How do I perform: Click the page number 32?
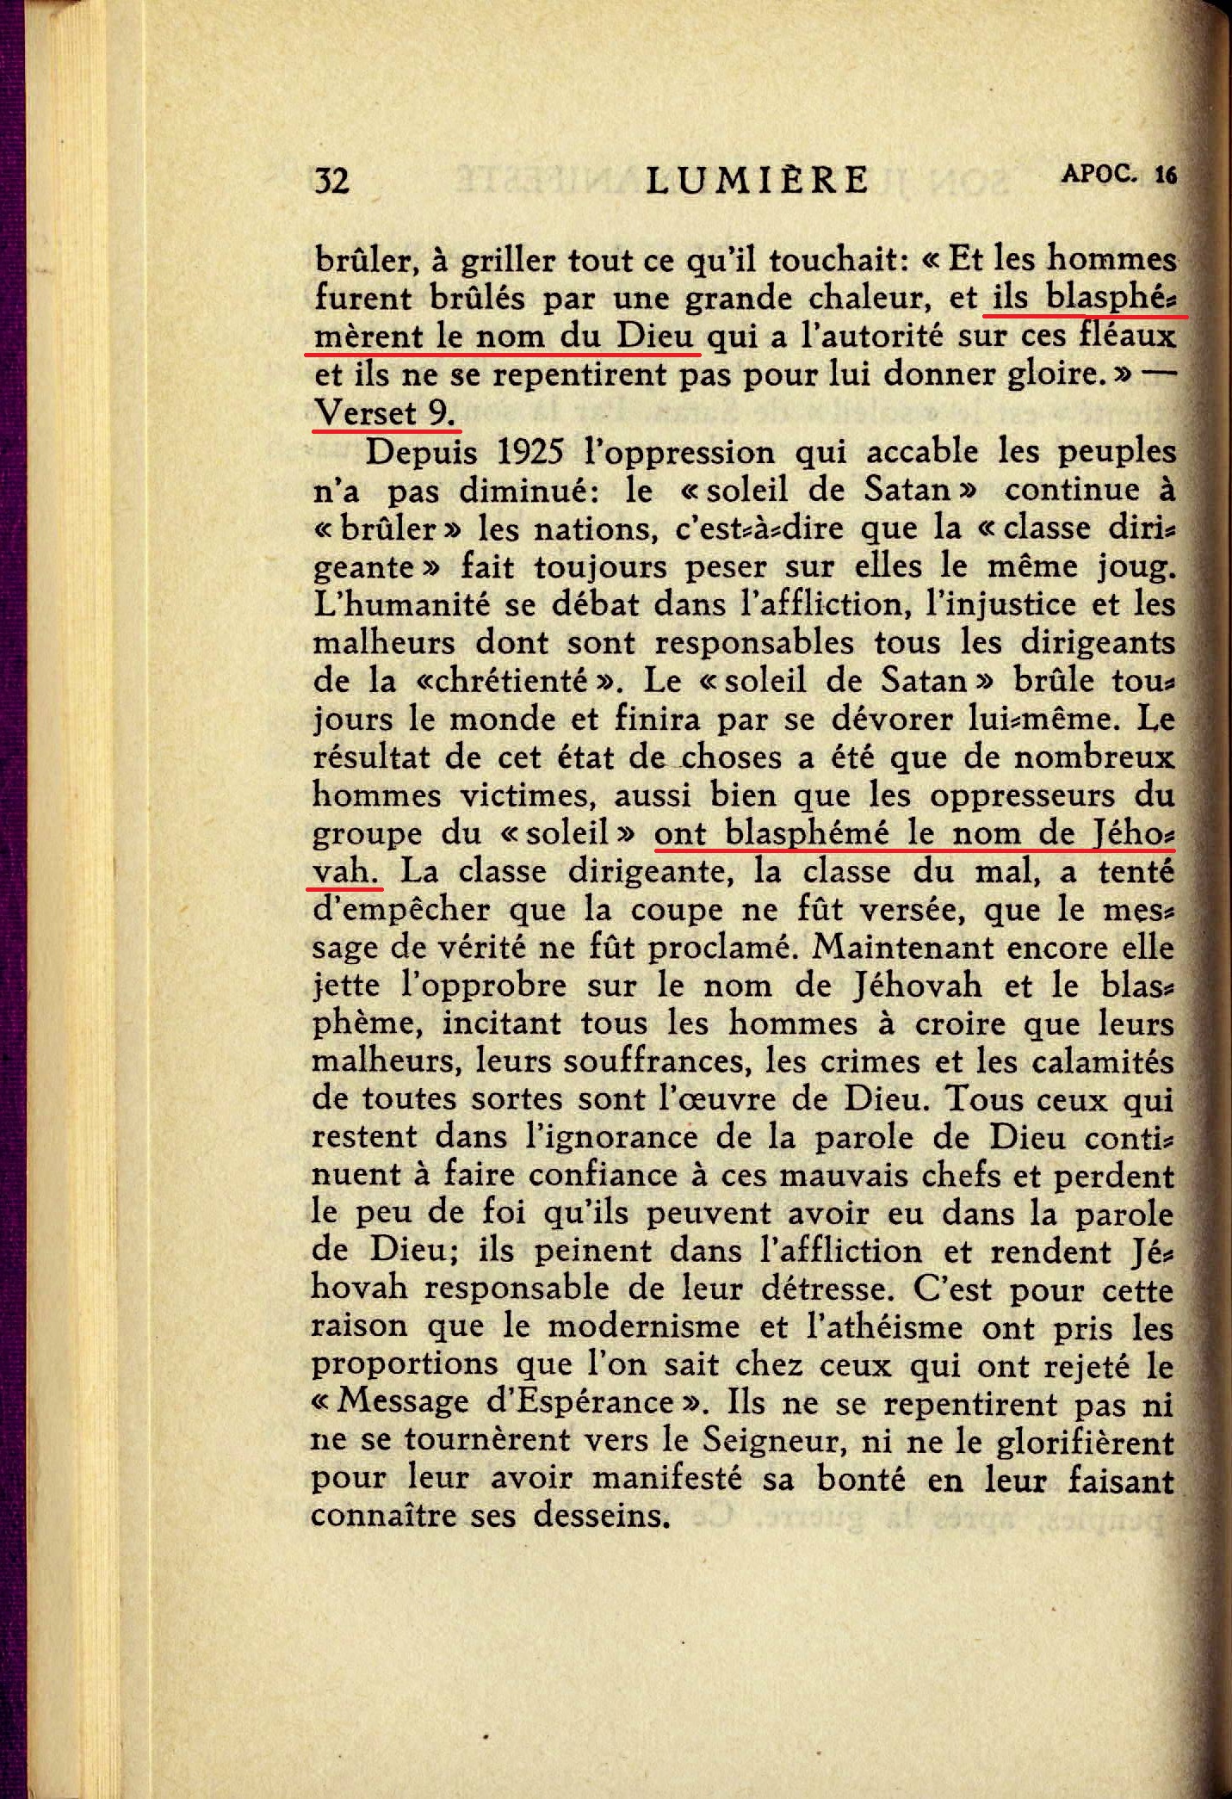coord(332,181)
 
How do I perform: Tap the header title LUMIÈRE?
coord(758,180)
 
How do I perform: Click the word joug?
coord(1133,568)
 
